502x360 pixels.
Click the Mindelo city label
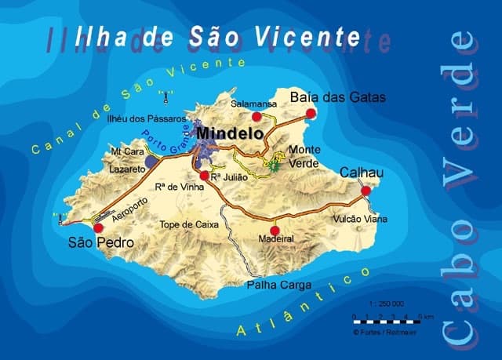point(230,134)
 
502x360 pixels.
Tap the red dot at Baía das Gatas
point(311,114)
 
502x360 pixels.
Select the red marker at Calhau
point(366,190)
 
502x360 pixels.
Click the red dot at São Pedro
point(99,228)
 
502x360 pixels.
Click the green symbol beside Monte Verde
point(275,165)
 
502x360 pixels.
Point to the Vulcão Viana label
point(360,219)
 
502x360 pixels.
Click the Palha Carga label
point(278,285)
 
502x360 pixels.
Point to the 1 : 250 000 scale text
point(386,304)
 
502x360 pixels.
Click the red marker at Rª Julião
point(205,175)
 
